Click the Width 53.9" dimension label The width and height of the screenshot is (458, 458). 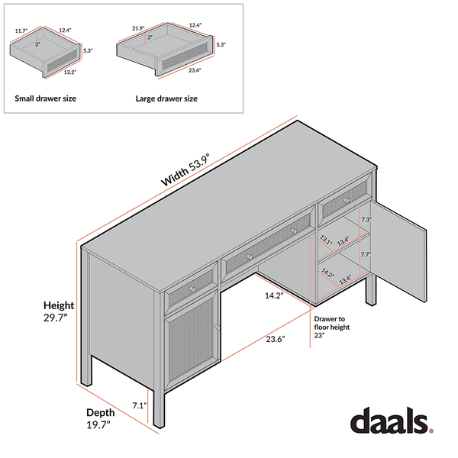coord(185,169)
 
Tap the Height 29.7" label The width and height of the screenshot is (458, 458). coord(59,311)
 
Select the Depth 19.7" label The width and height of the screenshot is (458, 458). coord(100,418)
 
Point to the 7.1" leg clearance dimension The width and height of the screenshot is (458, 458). coord(140,406)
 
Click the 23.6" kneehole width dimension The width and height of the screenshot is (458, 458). coord(275,339)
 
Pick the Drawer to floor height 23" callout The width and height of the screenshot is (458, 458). coord(331,327)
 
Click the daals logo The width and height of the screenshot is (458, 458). coord(392,420)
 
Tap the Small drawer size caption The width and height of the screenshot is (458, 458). coord(46,98)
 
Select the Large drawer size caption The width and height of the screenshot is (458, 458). coord(166,98)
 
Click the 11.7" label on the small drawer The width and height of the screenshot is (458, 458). coord(21,31)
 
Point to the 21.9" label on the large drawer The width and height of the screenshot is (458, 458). coord(138,28)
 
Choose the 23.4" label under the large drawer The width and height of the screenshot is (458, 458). coord(195,70)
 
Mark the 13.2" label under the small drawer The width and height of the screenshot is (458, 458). coord(70,73)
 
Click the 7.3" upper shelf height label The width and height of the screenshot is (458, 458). coord(366,220)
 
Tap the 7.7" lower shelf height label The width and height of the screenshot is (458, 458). coord(366,254)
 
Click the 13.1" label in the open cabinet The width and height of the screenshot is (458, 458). coord(326,240)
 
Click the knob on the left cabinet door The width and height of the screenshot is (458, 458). coord(217,327)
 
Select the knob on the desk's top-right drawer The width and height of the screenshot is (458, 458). coord(346,201)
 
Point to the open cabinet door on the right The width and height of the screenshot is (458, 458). coord(398,251)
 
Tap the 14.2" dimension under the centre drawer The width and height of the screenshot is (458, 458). coord(274,295)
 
